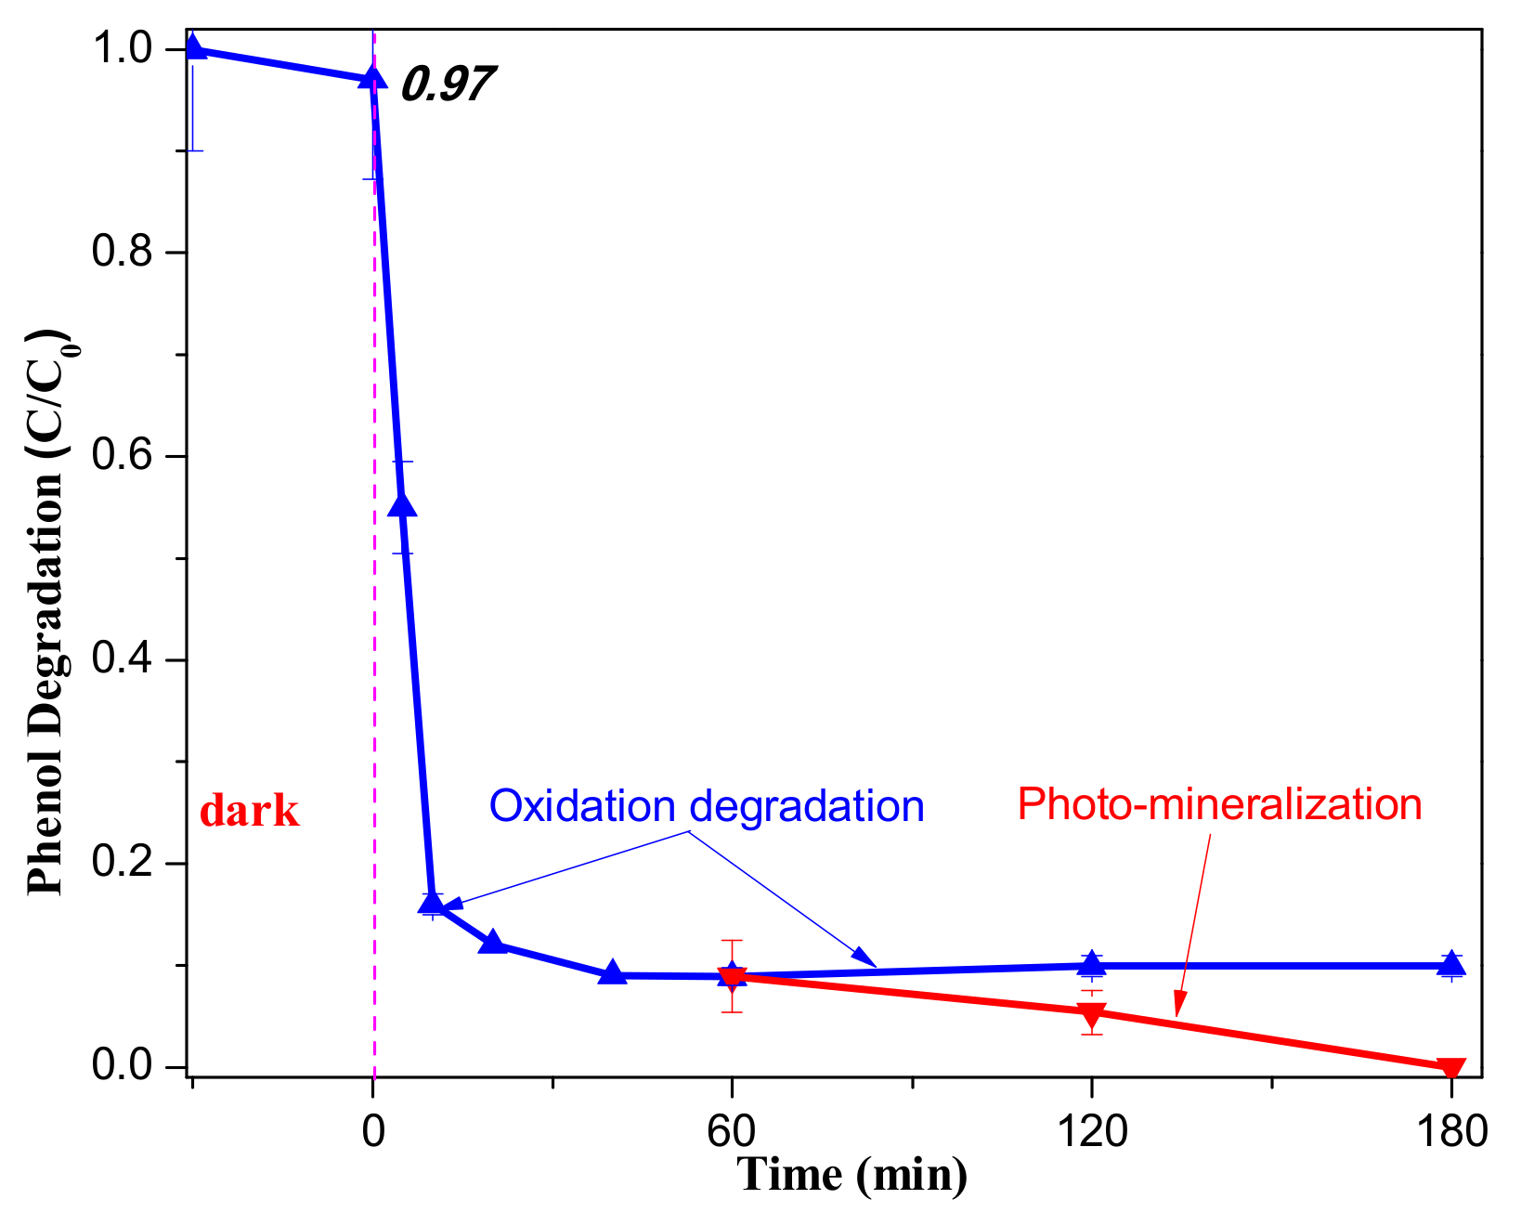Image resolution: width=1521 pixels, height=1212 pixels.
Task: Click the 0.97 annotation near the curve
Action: [447, 84]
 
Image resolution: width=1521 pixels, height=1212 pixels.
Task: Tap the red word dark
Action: [250, 812]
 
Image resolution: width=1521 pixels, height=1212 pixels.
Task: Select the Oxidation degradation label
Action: [707, 806]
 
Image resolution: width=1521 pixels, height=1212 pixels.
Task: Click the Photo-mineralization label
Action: [1219, 804]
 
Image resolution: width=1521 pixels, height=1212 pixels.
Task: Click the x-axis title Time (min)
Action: [852, 1174]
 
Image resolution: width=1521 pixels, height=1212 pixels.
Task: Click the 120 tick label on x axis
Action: [1092, 1132]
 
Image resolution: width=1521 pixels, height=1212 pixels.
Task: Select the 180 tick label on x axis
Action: [1451, 1132]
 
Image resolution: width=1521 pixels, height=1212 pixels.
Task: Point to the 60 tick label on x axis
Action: [732, 1132]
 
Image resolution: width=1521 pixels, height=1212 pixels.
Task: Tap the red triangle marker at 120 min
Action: [1092, 1012]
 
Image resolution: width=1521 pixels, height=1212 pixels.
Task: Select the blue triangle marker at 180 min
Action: [1451, 964]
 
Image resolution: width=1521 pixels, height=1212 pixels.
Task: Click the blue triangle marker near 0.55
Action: [402, 505]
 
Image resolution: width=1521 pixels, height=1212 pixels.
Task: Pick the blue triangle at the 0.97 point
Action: [372, 77]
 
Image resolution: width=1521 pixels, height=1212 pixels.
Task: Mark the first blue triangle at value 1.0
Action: [193, 46]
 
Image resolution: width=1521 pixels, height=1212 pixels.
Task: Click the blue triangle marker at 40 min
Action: [612, 973]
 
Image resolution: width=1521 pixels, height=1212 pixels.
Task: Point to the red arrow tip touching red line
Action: [1177, 1015]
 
